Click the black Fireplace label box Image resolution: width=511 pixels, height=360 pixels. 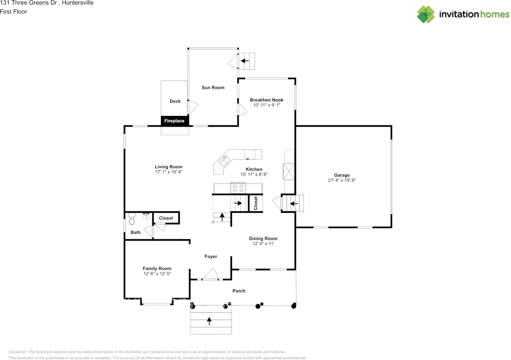tap(174, 121)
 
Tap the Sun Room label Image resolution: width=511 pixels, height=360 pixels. tap(213, 87)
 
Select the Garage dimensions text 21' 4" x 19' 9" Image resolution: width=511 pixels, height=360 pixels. tap(342, 180)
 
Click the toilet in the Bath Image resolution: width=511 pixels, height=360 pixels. tap(132, 218)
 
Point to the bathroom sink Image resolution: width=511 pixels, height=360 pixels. tap(146, 216)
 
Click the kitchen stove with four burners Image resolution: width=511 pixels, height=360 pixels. tap(238, 187)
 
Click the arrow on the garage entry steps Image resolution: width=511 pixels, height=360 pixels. tap(294, 204)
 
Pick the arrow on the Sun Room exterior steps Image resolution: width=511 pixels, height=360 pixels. tap(244, 61)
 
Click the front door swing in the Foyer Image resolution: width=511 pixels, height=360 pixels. tap(210, 274)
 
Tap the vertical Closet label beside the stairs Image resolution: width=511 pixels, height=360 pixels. tap(255, 203)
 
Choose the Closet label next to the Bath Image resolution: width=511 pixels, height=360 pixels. tap(166, 218)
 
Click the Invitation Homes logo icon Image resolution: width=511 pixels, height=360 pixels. tap(426, 14)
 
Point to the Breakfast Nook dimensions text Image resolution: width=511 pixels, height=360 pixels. tap(267, 105)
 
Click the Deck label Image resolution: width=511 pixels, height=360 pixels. tap(175, 101)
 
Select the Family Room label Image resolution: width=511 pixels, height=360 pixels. tap(157, 269)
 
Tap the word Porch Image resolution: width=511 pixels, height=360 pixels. tap(239, 291)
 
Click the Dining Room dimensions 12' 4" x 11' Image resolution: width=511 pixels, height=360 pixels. tap(263, 243)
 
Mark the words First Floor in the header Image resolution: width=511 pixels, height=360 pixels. tap(14, 12)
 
